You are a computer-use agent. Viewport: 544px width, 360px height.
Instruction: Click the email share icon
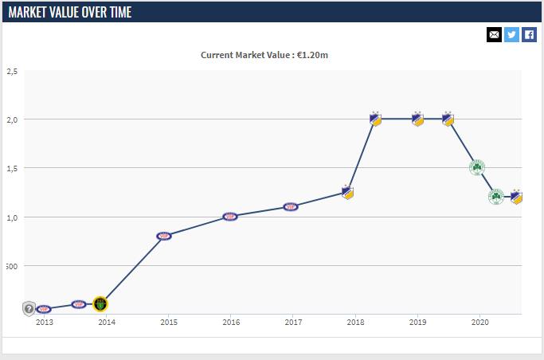(x=494, y=34)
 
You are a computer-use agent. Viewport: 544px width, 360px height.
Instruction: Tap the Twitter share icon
(x=511, y=34)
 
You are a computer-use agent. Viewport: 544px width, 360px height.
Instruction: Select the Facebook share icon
(x=529, y=34)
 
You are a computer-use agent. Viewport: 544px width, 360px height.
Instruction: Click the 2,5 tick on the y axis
(x=12, y=71)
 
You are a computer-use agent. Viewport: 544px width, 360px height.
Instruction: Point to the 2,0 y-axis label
(x=12, y=119)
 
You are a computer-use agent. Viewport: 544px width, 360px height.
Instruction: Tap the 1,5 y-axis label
(x=12, y=168)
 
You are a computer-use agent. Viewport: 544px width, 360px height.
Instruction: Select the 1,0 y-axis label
(x=12, y=217)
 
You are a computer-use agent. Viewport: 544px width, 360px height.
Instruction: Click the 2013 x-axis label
(x=45, y=323)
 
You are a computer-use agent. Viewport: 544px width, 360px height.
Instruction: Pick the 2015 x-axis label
(x=169, y=323)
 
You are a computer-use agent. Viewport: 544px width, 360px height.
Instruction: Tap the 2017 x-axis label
(x=293, y=323)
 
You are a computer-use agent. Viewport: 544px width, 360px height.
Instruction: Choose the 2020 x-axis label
(x=479, y=323)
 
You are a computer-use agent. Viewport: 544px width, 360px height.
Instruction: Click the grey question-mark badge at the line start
(x=29, y=307)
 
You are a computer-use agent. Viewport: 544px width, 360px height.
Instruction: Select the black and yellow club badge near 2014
(x=100, y=304)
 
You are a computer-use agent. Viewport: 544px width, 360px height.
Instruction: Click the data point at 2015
(x=164, y=236)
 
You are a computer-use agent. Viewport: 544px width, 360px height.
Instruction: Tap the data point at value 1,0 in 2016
(x=229, y=216)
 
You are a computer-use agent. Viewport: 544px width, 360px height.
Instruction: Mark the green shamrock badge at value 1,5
(x=476, y=167)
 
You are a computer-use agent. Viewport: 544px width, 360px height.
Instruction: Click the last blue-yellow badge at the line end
(x=516, y=196)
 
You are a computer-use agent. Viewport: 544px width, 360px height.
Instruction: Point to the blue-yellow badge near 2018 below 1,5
(x=347, y=192)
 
